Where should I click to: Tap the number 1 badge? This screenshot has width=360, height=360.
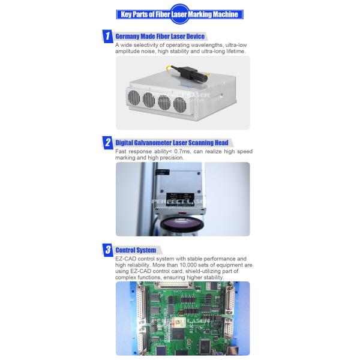(x=107, y=37)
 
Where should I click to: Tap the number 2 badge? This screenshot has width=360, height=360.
(x=107, y=143)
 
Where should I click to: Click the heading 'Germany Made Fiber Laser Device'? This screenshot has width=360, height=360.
(x=160, y=37)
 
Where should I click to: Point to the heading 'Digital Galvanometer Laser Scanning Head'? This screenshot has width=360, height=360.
(x=172, y=143)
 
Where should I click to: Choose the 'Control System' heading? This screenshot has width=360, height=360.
(x=136, y=250)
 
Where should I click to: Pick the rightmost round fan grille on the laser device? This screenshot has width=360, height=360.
(x=179, y=103)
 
